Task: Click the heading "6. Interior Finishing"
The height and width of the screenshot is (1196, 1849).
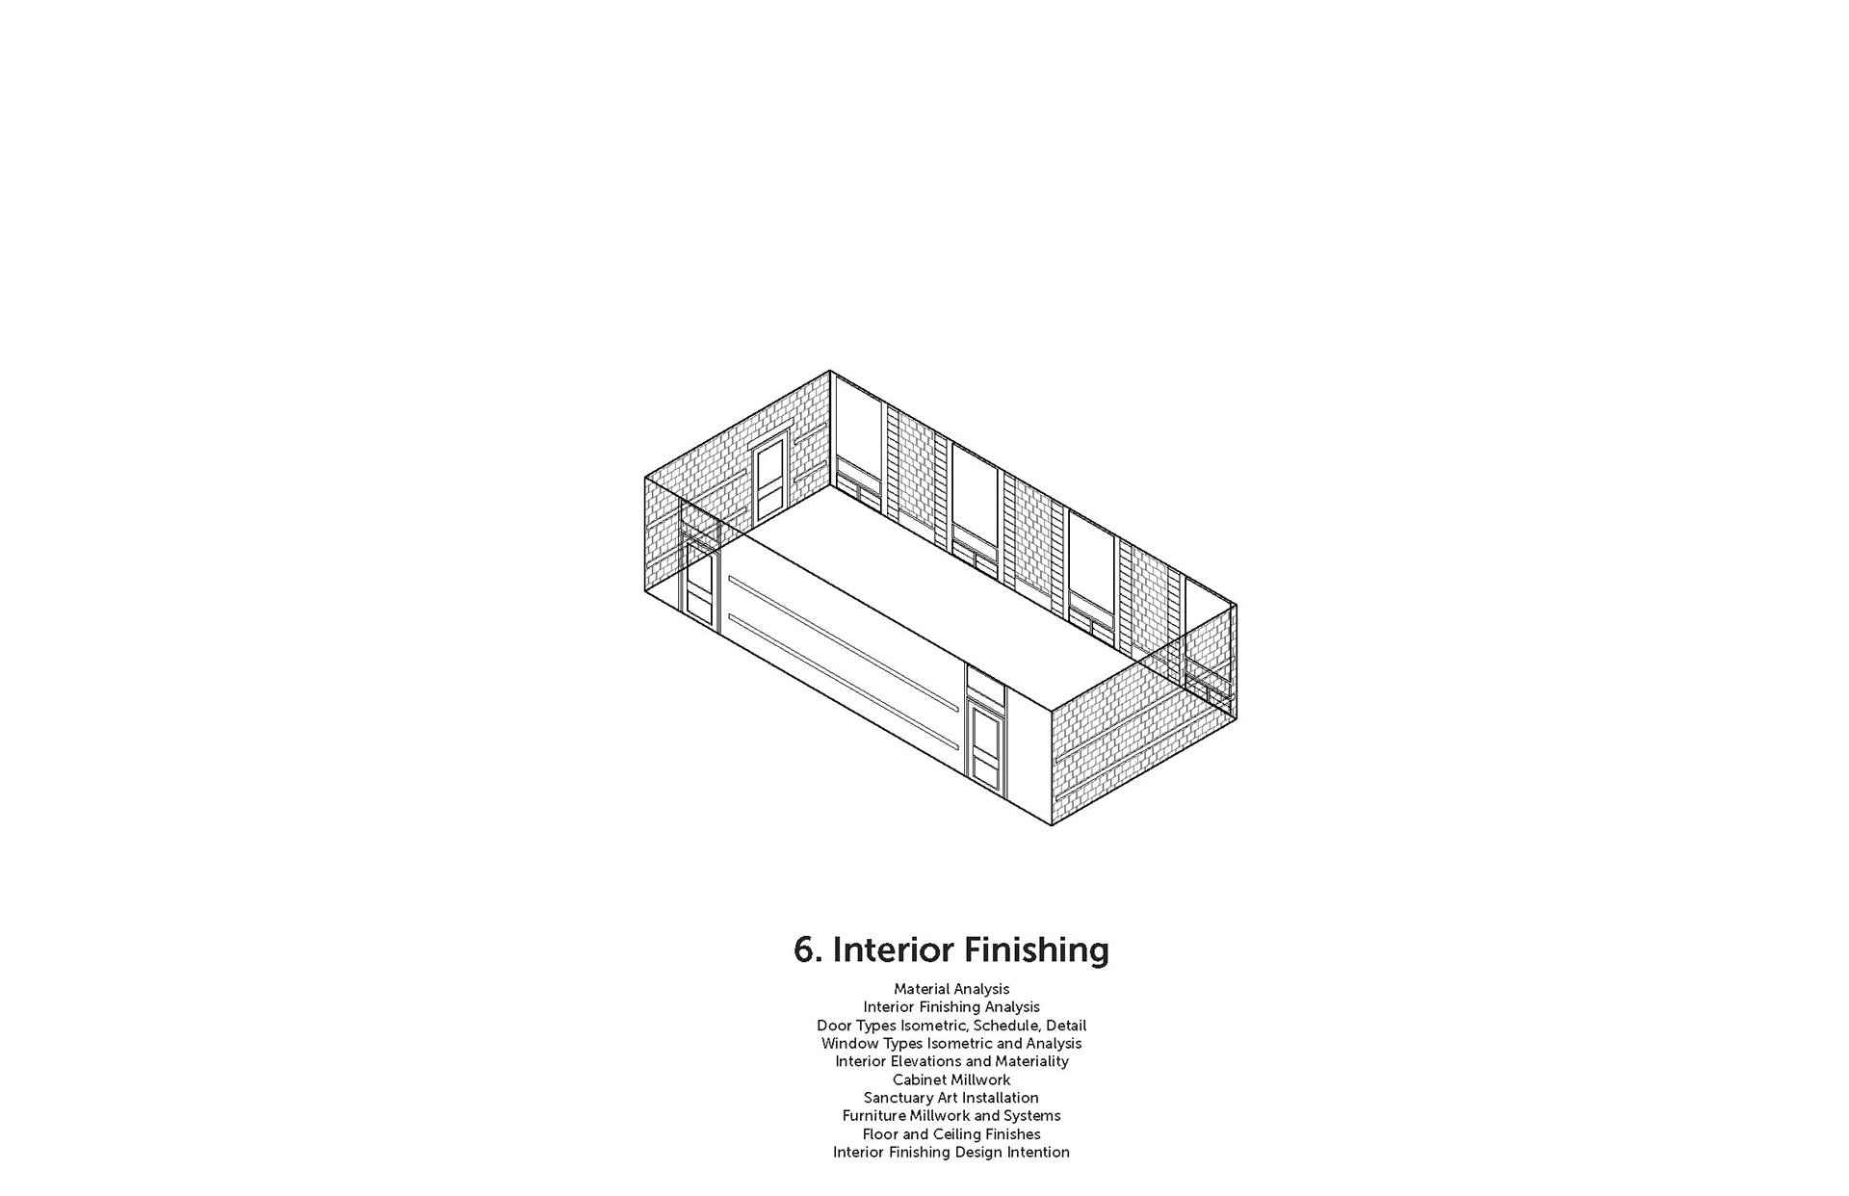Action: (x=951, y=949)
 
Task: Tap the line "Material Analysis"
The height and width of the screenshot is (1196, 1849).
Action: (x=951, y=989)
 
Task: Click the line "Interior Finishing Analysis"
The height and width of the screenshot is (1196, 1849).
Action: (x=951, y=1007)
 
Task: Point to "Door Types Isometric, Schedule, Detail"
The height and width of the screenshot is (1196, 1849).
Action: (x=951, y=1026)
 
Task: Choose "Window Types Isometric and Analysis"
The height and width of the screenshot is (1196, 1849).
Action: (x=951, y=1044)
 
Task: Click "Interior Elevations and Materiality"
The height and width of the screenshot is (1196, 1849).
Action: (x=951, y=1061)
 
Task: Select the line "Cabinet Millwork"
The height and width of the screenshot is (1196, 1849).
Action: (x=951, y=1079)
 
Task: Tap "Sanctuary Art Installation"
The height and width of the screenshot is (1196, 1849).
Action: (x=951, y=1098)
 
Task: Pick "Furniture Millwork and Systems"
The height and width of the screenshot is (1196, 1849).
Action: (x=951, y=1116)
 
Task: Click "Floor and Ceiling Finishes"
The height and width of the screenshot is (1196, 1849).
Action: (x=951, y=1134)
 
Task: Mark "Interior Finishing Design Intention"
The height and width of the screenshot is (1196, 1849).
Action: (x=951, y=1153)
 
